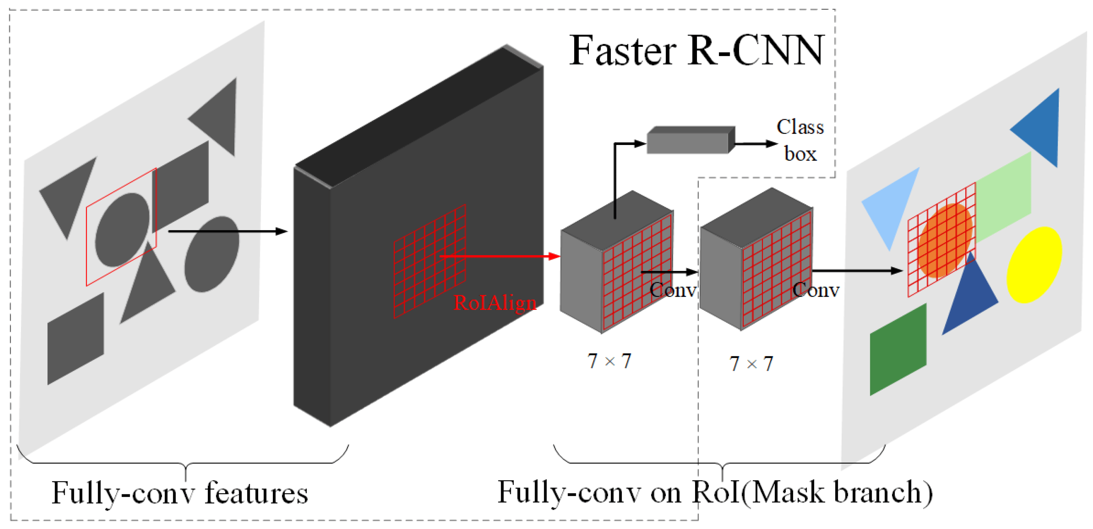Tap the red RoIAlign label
(495, 303)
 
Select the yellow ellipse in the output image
(1034, 264)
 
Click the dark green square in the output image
(898, 350)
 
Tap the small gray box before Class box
(690, 140)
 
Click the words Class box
(800, 140)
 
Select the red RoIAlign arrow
(501, 256)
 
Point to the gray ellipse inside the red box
(122, 230)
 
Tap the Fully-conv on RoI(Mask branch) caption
(715, 492)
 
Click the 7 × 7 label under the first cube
(609, 361)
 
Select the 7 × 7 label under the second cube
(751, 364)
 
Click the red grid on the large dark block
(430, 261)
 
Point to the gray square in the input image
(75, 338)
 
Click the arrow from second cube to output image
(857, 270)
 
